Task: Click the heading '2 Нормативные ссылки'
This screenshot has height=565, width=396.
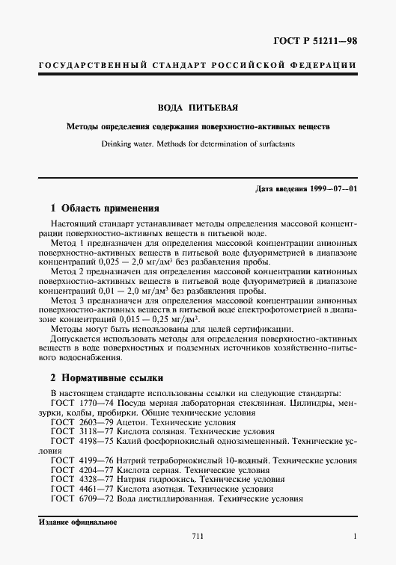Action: click(x=106, y=378)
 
